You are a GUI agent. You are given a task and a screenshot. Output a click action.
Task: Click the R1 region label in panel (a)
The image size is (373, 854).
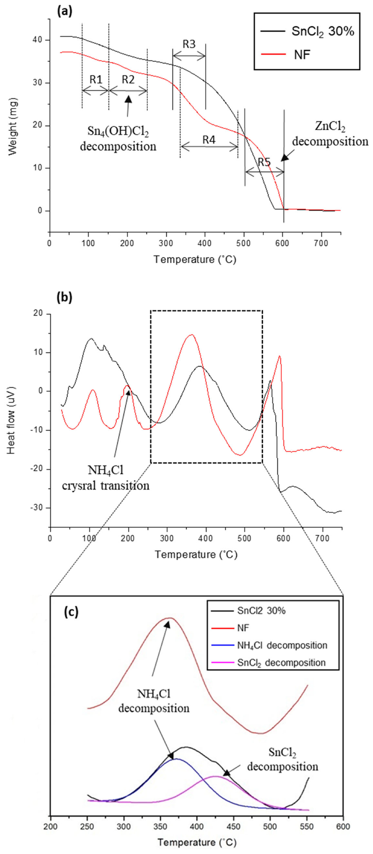pyautogui.click(x=95, y=79)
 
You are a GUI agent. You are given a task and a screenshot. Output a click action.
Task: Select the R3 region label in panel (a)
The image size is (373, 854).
pyautogui.click(x=189, y=44)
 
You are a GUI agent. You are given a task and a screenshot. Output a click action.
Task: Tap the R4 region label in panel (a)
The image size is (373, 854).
pyautogui.click(x=209, y=140)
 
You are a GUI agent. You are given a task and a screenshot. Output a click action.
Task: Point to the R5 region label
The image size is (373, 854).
pyautogui.click(x=264, y=162)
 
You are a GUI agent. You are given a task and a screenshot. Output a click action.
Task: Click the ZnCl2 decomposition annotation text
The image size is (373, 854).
pyautogui.click(x=330, y=134)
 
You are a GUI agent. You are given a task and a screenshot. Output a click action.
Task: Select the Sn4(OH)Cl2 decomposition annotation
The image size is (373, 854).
pyautogui.click(x=118, y=139)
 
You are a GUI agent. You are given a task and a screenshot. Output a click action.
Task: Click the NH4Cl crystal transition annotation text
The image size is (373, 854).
pyautogui.click(x=105, y=478)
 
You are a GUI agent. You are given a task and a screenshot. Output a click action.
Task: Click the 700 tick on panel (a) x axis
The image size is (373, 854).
pyautogui.click(x=321, y=243)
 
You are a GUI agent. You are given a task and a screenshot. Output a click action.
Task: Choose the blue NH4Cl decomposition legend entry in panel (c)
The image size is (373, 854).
pyautogui.click(x=282, y=645)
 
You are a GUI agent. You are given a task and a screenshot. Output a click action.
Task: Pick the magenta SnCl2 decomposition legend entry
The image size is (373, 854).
pyautogui.click(x=281, y=663)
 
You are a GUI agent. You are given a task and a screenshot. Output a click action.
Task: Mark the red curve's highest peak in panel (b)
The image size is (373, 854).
pyautogui.click(x=191, y=335)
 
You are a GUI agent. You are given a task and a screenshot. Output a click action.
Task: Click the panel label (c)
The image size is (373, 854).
pyautogui.click(x=71, y=612)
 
